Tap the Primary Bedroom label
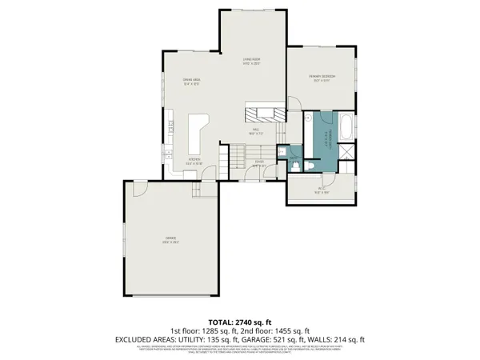[322, 77]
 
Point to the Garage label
[170, 239]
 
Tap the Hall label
[256, 130]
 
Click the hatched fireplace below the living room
[265, 112]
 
